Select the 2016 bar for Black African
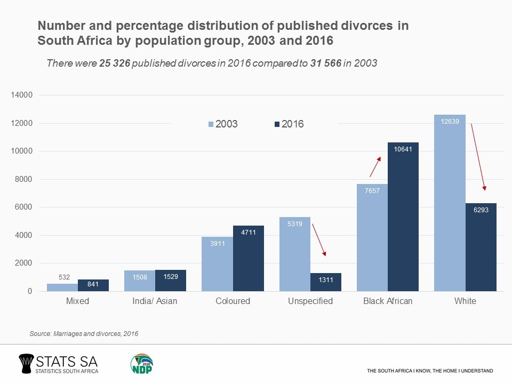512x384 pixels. point(403,219)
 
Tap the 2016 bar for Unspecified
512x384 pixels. point(325,282)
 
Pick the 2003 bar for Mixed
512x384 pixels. point(62,287)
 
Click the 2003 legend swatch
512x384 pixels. point(211,124)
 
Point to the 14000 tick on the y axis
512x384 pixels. point(22,95)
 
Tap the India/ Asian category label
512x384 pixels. point(155,301)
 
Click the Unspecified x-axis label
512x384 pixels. point(310,301)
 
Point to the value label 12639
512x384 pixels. point(450,122)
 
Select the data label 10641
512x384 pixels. point(403,149)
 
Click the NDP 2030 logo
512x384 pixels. point(141,364)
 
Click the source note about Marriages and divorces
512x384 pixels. point(84,334)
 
